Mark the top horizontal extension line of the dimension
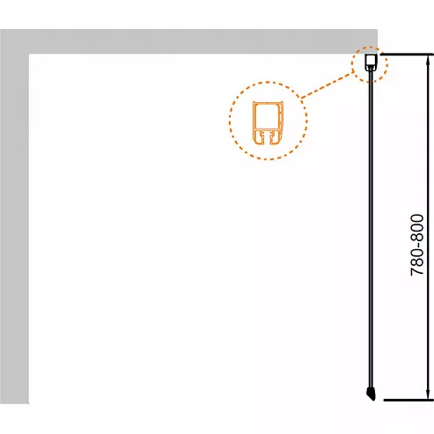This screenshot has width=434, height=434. [x=407, y=55]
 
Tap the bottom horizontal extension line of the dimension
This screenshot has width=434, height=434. [x=408, y=400]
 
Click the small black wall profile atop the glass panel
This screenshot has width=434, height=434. [x=371, y=63]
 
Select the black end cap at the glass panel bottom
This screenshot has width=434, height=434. [x=371, y=394]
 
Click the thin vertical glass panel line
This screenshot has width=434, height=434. [x=371, y=229]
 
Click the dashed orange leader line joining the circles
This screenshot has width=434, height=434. [x=327, y=85]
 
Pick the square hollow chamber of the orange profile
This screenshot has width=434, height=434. [x=267, y=117]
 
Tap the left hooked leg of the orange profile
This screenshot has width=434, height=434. [x=258, y=137]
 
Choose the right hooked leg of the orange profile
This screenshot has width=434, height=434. [x=276, y=137]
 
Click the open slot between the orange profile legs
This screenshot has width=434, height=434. [x=267, y=138]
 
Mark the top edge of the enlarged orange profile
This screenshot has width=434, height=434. [x=268, y=102]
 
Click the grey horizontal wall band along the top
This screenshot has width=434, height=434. [x=188, y=41]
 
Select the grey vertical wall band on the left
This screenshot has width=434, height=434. [x=14, y=217]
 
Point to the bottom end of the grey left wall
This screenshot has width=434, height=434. [x=14, y=403]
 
